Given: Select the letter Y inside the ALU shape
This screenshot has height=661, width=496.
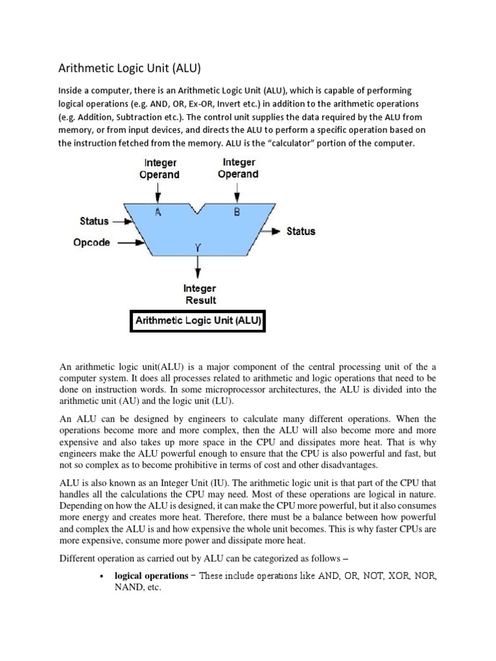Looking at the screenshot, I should [x=198, y=246].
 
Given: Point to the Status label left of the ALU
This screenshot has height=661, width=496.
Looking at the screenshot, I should [x=94, y=221].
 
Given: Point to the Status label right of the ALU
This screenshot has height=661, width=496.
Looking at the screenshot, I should [x=300, y=231].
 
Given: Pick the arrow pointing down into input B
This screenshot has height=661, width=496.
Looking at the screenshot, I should [x=239, y=191].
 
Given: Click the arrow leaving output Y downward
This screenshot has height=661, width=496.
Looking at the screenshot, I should [x=198, y=267].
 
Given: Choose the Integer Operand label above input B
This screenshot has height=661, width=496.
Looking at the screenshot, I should [x=239, y=168].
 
